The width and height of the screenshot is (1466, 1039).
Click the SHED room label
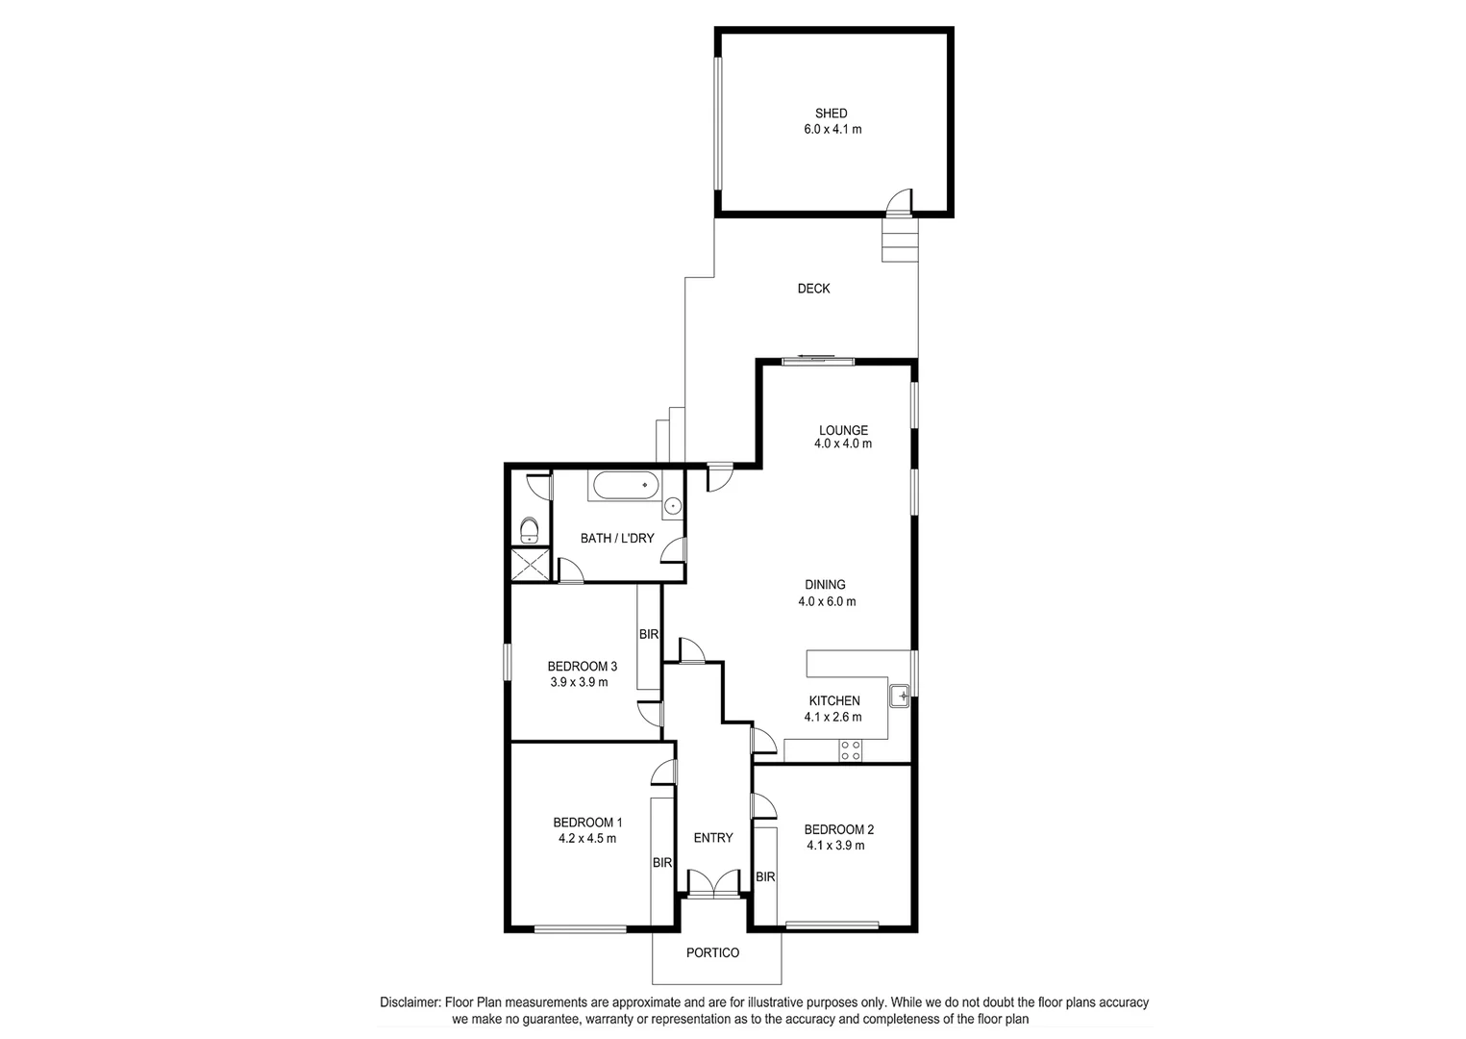coord(831,114)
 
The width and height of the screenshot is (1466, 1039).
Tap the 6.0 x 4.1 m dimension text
coord(832,129)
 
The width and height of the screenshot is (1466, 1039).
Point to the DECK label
coord(813,289)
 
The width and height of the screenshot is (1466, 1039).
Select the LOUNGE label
coord(843,430)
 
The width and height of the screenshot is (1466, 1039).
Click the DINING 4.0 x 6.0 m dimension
coord(826,602)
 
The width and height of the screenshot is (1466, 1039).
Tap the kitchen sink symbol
coord(900,695)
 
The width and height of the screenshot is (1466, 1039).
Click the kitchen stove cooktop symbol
coord(850,750)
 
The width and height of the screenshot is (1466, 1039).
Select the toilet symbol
coord(529,530)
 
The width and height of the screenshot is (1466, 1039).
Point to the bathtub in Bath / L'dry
coord(625,486)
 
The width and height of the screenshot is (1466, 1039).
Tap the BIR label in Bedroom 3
coord(649,635)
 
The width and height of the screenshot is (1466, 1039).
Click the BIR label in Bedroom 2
coord(765,877)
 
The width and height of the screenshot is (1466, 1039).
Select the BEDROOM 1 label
coord(587,823)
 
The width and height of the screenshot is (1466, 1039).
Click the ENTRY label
coord(713,838)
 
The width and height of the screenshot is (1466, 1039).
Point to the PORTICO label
coord(712,953)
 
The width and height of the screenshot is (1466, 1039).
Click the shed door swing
coord(898,201)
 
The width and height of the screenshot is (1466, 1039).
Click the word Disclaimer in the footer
coord(410,1002)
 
